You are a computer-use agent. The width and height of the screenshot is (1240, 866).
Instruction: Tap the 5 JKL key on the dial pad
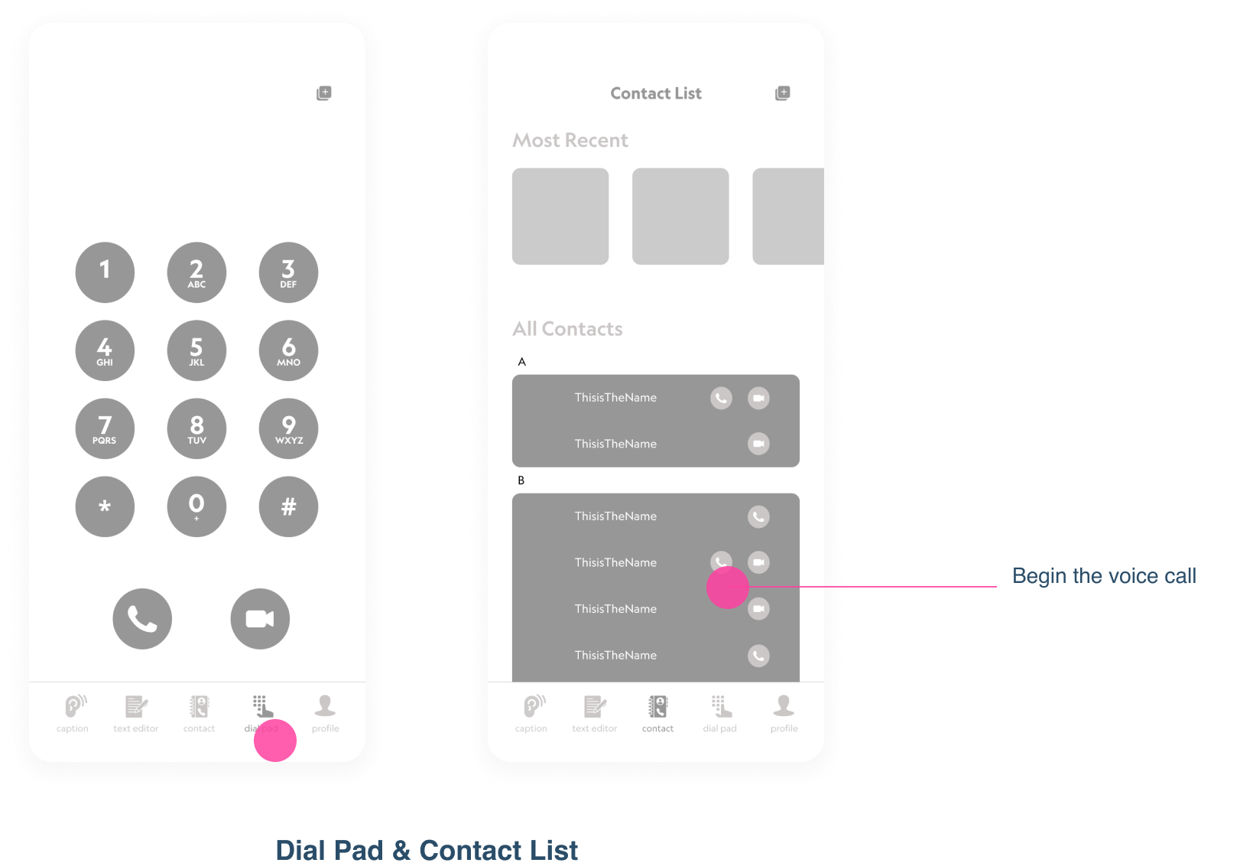click(196, 350)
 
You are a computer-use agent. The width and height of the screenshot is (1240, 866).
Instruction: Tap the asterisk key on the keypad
click(105, 506)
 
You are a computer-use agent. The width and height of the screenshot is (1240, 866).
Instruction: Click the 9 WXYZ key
click(288, 428)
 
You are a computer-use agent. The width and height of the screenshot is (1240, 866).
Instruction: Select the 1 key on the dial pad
click(105, 272)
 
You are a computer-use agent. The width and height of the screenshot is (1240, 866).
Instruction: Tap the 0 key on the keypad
click(196, 506)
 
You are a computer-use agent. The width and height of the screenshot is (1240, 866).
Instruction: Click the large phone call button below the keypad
click(142, 618)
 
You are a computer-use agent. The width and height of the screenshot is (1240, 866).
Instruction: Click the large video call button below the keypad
click(260, 618)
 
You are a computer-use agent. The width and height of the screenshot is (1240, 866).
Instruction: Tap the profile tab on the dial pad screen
click(325, 713)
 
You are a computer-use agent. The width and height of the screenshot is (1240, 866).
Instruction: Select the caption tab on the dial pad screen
click(73, 713)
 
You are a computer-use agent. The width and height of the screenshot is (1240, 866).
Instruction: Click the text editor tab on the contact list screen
click(595, 713)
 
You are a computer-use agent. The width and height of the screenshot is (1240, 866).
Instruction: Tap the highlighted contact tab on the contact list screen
click(657, 713)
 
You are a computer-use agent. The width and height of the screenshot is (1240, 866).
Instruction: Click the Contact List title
click(656, 93)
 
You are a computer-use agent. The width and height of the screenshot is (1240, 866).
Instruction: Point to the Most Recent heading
click(570, 141)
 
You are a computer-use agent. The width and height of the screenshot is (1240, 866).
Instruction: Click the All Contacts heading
click(567, 329)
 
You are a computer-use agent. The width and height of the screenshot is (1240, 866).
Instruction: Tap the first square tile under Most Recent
click(560, 216)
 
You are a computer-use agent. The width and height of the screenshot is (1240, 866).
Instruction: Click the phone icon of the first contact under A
click(721, 398)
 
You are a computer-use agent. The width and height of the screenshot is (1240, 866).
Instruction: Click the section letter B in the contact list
click(521, 480)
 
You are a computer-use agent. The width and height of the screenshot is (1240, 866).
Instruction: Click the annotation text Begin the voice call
click(1104, 576)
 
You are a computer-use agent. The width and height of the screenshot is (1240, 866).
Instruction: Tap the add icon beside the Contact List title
click(782, 93)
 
